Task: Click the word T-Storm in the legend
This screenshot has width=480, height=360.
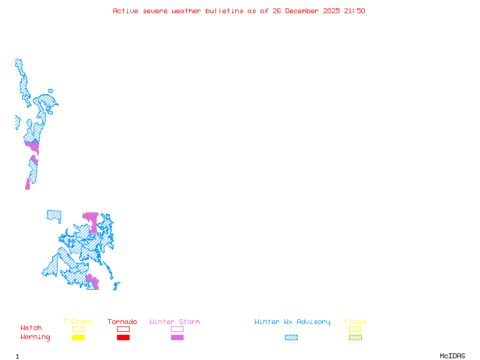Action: pyautogui.click(x=77, y=322)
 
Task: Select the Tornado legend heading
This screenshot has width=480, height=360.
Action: pyautogui.click(x=122, y=322)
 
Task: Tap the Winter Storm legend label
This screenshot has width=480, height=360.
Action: pyautogui.click(x=175, y=322)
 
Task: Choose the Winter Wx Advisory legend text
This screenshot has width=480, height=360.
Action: pyautogui.click(x=292, y=322)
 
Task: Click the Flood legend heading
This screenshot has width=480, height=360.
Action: pyautogui.click(x=355, y=322)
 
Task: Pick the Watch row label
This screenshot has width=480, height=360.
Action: pyautogui.click(x=31, y=328)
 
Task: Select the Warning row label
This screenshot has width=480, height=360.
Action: pyautogui.click(x=35, y=337)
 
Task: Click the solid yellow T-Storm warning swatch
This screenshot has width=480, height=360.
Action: pyautogui.click(x=78, y=338)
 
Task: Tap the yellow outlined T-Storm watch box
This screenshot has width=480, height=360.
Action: pyautogui.click(x=78, y=329)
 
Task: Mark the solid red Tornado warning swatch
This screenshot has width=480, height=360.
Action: pyautogui.click(x=123, y=338)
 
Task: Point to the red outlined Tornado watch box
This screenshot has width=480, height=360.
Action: pyautogui.click(x=123, y=329)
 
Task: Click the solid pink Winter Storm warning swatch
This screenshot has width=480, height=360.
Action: pyautogui.click(x=177, y=338)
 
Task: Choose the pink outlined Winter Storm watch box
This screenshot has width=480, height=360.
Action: pyautogui.click(x=177, y=329)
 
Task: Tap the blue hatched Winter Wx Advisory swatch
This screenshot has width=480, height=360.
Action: pyautogui.click(x=291, y=338)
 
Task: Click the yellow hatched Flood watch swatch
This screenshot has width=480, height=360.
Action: pyautogui.click(x=355, y=329)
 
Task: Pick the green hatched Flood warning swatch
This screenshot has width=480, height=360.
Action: pyautogui.click(x=355, y=338)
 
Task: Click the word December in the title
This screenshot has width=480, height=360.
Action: pyautogui.click(x=304, y=11)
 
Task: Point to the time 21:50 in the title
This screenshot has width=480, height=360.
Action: pyautogui.click(x=353, y=11)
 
